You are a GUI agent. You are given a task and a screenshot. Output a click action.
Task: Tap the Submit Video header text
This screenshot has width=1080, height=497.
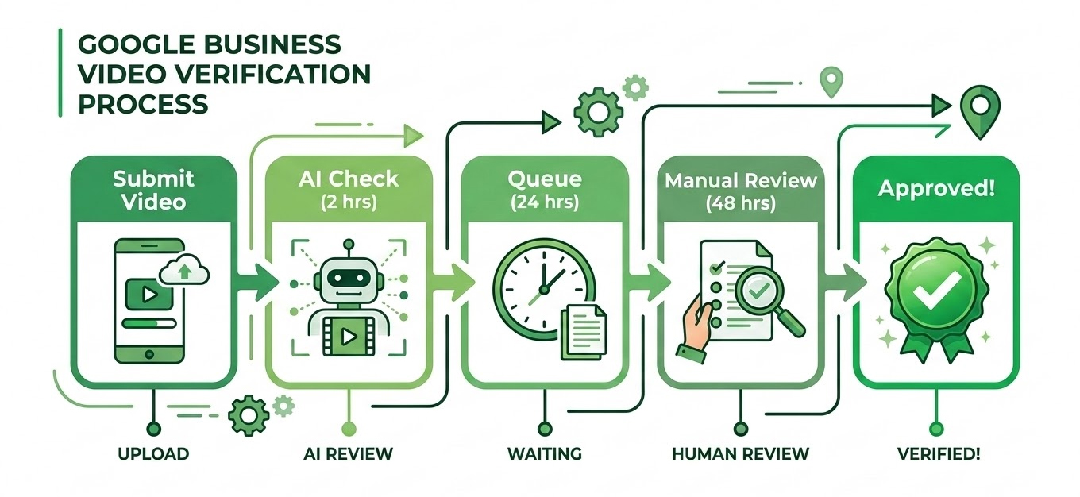(153, 189)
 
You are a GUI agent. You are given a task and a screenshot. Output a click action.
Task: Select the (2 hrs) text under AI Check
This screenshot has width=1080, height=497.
(349, 201)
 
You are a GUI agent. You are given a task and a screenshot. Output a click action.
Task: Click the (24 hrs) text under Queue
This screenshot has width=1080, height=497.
(544, 201)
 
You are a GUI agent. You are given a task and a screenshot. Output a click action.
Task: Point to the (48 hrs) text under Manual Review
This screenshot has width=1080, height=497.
(740, 202)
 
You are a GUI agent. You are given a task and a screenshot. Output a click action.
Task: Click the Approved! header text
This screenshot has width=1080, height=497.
(935, 190)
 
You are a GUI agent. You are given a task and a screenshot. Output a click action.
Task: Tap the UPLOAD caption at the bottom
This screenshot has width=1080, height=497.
(153, 454)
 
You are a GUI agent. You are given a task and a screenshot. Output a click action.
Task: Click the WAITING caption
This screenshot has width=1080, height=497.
(544, 454)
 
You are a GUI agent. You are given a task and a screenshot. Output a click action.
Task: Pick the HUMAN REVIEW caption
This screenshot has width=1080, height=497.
(740, 454)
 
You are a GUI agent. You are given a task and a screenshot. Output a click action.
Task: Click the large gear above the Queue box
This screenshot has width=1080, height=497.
(594, 110)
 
